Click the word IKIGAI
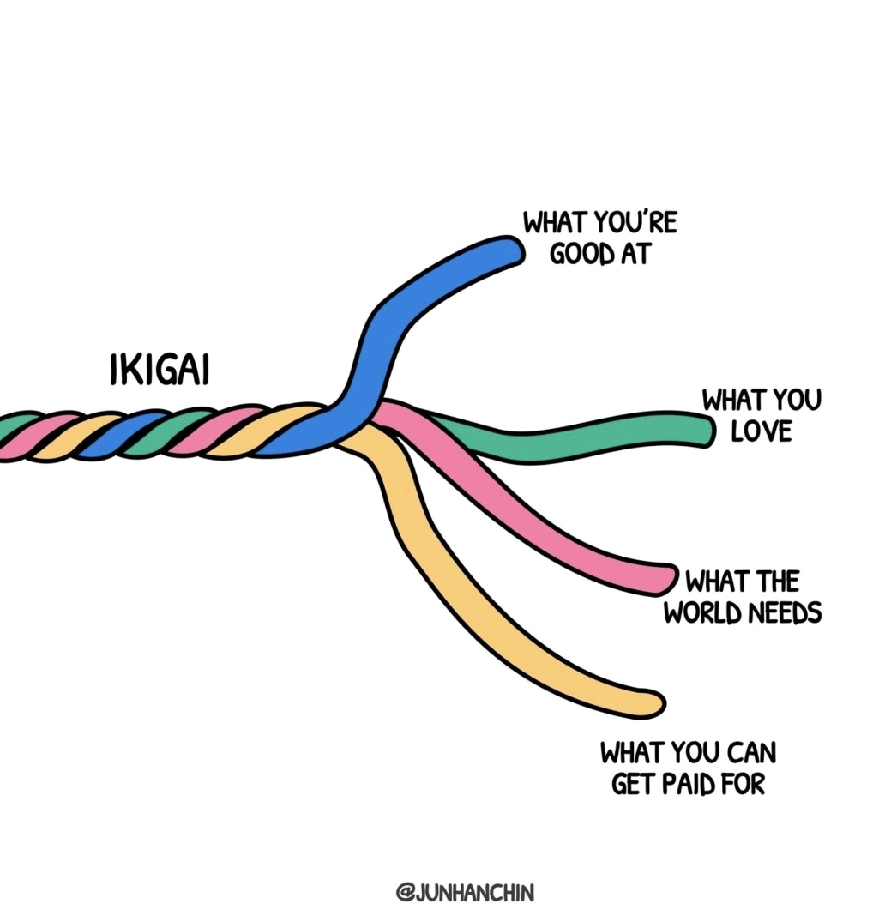(x=160, y=370)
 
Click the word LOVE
(x=761, y=431)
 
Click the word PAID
(x=691, y=784)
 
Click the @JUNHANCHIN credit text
(x=464, y=893)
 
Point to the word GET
(x=632, y=784)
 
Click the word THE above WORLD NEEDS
(x=775, y=582)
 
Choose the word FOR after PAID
(x=743, y=784)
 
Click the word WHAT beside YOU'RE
(x=555, y=224)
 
